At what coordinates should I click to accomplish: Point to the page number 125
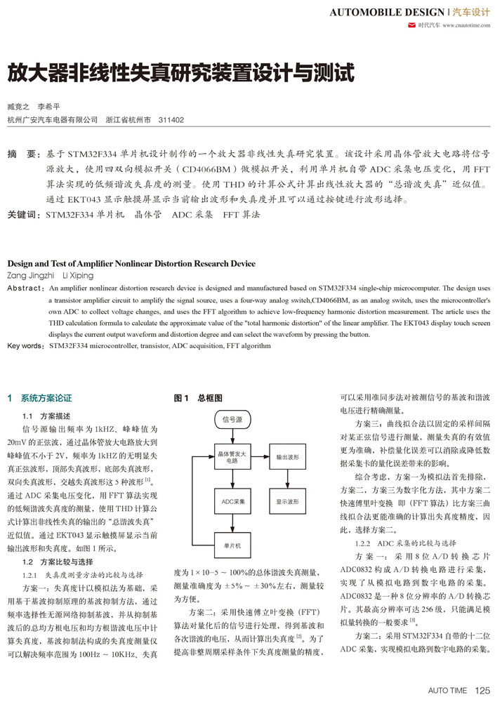tap(482, 690)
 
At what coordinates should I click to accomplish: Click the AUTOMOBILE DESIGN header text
tap(385, 13)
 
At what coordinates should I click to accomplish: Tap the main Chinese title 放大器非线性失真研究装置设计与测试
tap(180, 73)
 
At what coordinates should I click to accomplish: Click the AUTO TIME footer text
tap(447, 690)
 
